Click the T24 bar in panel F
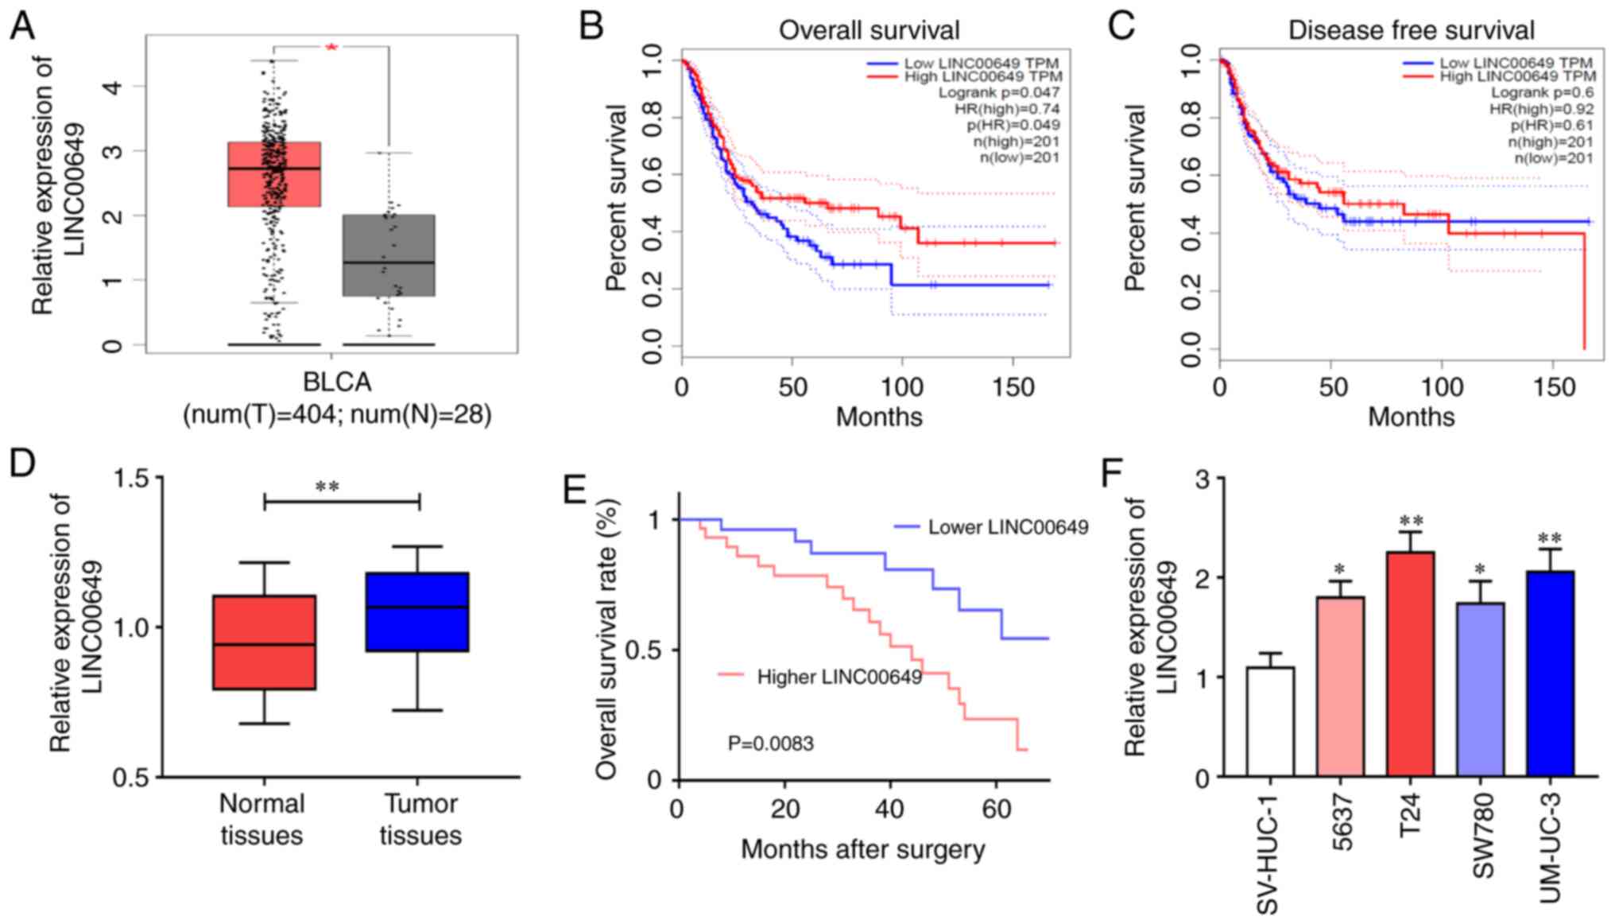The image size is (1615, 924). (x=1411, y=664)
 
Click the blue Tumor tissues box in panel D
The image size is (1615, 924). (x=417, y=611)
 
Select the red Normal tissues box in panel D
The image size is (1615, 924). (x=264, y=642)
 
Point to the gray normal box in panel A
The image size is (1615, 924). (x=389, y=255)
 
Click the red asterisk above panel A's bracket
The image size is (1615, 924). (x=331, y=48)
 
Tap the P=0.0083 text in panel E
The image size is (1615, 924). (x=770, y=743)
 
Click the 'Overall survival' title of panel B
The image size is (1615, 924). (x=869, y=30)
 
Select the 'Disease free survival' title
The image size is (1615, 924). (x=1411, y=30)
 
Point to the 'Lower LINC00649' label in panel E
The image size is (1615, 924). (x=1008, y=527)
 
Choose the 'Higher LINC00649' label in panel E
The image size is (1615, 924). (x=838, y=677)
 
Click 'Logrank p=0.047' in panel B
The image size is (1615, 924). (x=999, y=92)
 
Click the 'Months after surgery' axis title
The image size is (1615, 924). (x=862, y=849)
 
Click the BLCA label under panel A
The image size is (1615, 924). (x=337, y=382)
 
